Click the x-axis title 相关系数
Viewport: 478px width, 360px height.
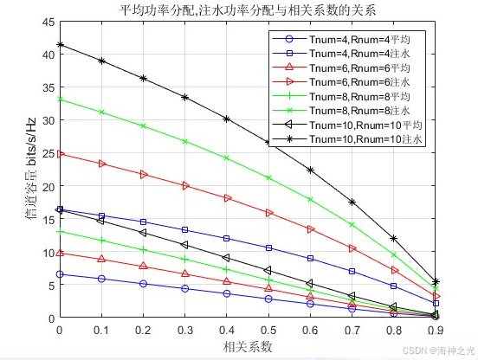[247, 346]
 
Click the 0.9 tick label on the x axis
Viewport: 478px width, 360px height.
[436, 331]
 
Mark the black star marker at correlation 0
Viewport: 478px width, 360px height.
[59, 45]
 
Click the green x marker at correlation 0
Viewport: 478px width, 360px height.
[59, 100]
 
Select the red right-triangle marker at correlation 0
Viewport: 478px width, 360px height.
[59, 154]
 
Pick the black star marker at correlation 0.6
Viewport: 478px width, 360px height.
[310, 170]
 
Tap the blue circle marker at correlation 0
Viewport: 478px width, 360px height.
[59, 274]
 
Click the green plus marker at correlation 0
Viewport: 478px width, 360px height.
[59, 232]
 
